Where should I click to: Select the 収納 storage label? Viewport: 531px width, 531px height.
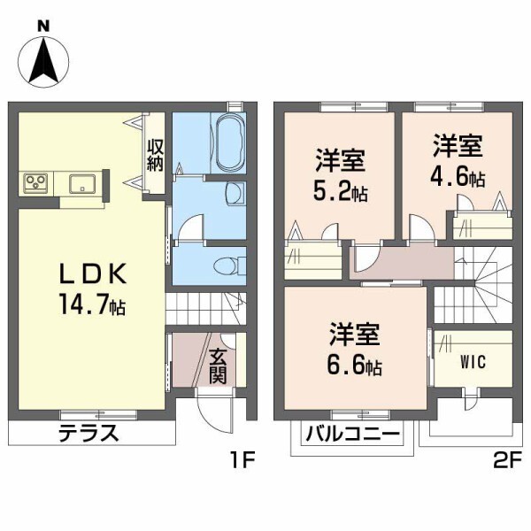[x=156, y=155]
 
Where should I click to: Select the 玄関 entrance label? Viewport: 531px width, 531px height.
[x=218, y=365]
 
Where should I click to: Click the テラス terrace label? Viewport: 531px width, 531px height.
[x=88, y=434]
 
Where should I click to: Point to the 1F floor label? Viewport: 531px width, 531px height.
[x=243, y=460]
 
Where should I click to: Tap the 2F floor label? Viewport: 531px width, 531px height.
[x=496, y=460]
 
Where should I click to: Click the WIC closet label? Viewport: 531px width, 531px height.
[x=471, y=363]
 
